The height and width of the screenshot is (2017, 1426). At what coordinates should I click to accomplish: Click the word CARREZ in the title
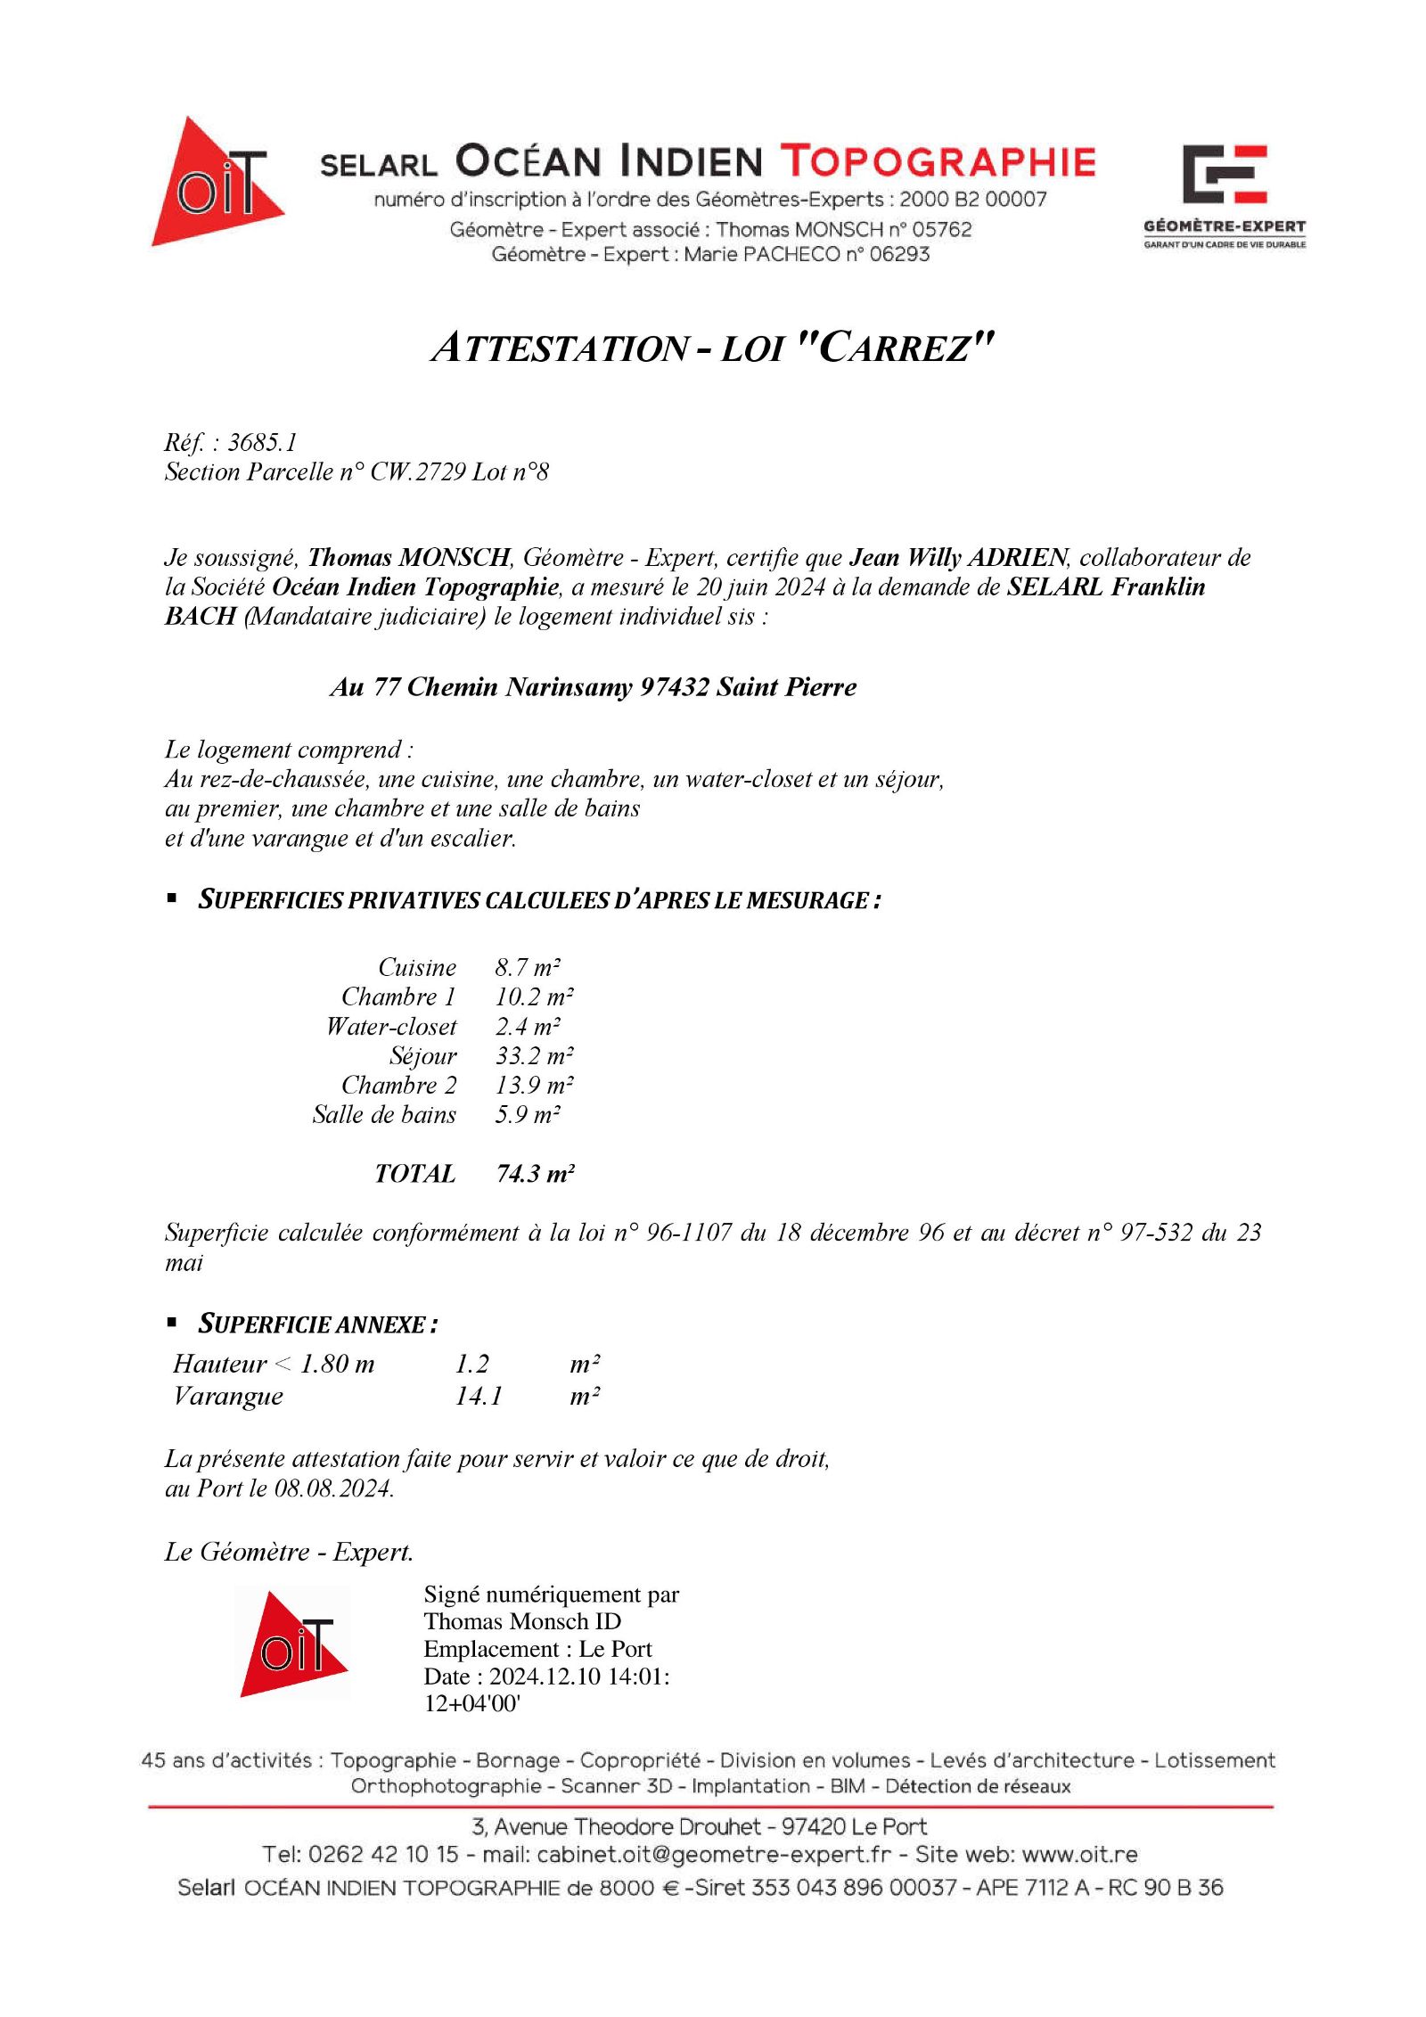tap(904, 348)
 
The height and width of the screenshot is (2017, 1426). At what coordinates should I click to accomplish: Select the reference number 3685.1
tap(263, 442)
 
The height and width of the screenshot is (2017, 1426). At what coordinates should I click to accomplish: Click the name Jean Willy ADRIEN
tap(958, 558)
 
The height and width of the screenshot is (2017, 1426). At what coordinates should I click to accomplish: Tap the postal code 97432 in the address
tap(675, 687)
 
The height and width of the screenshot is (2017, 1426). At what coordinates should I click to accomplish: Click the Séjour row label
tap(423, 1056)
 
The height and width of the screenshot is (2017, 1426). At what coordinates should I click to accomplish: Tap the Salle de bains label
tap(384, 1115)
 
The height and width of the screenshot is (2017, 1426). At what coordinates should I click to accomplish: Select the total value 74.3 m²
tap(535, 1174)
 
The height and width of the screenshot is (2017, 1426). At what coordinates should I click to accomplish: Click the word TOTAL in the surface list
tap(415, 1174)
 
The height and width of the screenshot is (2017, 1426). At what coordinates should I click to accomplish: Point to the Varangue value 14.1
tap(479, 1397)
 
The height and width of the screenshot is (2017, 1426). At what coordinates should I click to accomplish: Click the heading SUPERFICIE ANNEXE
tap(316, 1324)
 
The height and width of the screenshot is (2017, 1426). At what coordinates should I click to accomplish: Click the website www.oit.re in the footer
tap(1079, 1855)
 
